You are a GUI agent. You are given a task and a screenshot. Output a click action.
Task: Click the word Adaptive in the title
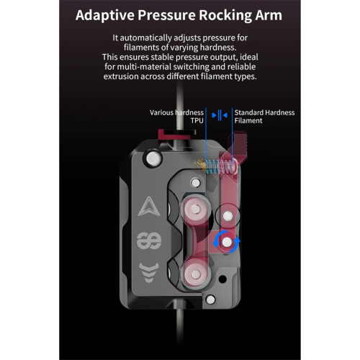(105, 16)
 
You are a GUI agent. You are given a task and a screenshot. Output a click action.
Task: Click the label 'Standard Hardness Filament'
(264, 117)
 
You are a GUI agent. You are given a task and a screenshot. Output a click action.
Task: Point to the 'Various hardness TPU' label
(176, 117)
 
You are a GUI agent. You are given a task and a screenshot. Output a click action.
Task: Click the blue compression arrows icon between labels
(220, 115)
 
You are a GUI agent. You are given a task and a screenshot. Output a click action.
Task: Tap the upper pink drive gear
(196, 209)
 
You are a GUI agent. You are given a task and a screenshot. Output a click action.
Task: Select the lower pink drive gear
(195, 274)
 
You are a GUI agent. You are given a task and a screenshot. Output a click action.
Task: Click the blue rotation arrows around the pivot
(226, 242)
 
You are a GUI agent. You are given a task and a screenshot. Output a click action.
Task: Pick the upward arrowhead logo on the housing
(149, 207)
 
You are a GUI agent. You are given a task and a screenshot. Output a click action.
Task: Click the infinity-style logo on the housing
(149, 240)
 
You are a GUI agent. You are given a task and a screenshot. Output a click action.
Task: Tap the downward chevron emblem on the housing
(149, 272)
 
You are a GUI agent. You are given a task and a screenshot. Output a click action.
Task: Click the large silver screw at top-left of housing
(153, 158)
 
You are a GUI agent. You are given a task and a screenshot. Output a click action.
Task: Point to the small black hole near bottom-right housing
(222, 279)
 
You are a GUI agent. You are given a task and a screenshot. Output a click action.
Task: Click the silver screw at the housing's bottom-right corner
(210, 300)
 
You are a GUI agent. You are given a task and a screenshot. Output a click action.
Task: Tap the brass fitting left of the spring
(200, 165)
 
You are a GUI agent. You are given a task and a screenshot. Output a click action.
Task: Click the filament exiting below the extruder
(179, 333)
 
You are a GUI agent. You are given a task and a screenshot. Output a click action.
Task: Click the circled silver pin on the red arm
(228, 216)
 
